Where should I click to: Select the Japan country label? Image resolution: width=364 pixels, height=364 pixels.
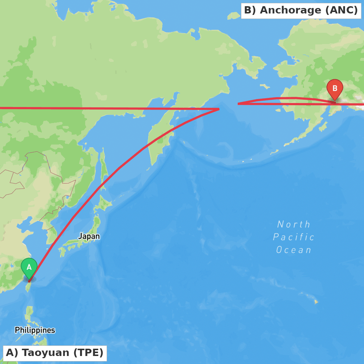coord(89,236)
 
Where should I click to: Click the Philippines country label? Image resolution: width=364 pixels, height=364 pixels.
coord(35,330)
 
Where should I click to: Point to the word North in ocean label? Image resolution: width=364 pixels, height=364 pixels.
coord(293,225)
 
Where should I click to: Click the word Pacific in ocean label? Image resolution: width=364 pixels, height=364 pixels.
coord(293,237)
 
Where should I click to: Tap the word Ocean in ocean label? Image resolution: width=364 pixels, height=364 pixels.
coord(293,250)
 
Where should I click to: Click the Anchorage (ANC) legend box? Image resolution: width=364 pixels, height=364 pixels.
coord(301,11)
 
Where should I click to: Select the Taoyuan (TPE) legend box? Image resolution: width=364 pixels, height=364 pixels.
coord(55,353)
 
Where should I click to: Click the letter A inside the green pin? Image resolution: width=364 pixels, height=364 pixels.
coord(29,267)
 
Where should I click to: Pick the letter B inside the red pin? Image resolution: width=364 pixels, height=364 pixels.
coord(335,88)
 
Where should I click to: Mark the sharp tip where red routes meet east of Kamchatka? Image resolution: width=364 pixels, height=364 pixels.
coord(218,109)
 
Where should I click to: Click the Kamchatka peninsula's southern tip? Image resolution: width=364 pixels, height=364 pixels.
coord(149,169)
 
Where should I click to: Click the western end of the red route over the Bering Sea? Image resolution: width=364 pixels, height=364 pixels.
coord(239,104)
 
